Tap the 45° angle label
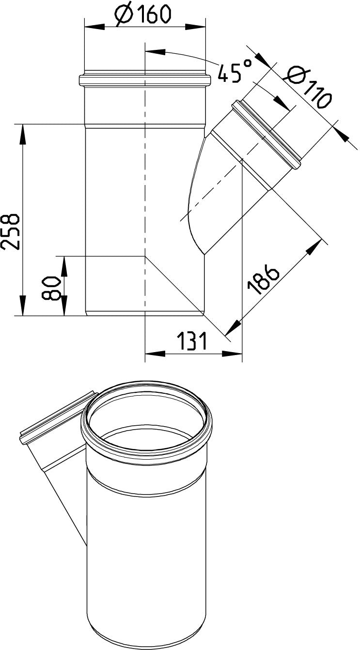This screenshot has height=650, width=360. click(x=235, y=70)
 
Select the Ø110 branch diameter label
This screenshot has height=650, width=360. click(x=308, y=89)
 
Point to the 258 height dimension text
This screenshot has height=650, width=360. click(x=11, y=232)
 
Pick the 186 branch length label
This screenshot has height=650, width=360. click(x=263, y=279)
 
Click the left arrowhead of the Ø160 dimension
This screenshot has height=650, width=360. click(x=94, y=28)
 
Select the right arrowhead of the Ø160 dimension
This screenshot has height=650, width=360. click(x=195, y=28)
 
